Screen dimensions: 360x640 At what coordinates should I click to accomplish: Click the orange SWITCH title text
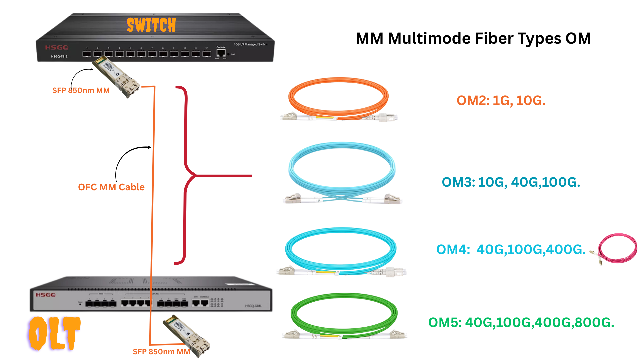pos(151,25)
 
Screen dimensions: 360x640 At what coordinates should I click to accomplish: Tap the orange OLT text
pos(54,333)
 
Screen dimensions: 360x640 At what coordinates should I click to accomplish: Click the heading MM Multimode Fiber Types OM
pos(473,38)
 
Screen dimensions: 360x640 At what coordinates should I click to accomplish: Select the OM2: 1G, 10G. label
pos(501,100)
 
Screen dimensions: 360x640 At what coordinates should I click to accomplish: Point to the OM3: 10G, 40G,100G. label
pos(511,182)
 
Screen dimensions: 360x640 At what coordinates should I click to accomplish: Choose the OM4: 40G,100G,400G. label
pos(511,249)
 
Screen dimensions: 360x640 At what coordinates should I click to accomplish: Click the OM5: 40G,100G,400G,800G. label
pos(521,322)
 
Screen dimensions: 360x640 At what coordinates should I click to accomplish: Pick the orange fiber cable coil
pos(338,98)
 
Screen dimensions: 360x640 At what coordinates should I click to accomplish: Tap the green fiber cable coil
pos(344,315)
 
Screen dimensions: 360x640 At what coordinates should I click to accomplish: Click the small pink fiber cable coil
pos(617,248)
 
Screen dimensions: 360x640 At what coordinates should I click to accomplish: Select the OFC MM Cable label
pos(111,187)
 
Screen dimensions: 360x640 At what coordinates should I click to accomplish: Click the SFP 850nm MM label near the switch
pos(81,90)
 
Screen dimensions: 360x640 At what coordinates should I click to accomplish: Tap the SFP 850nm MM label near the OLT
pos(161,352)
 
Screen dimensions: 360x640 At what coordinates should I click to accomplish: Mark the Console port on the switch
pos(221,53)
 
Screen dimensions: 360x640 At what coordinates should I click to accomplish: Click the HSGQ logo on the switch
pos(57,48)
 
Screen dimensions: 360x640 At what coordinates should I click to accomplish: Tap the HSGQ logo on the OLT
pos(46,295)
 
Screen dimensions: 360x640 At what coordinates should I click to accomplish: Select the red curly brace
pos(185,175)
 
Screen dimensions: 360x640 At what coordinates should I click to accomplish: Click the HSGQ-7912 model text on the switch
pos(59,56)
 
